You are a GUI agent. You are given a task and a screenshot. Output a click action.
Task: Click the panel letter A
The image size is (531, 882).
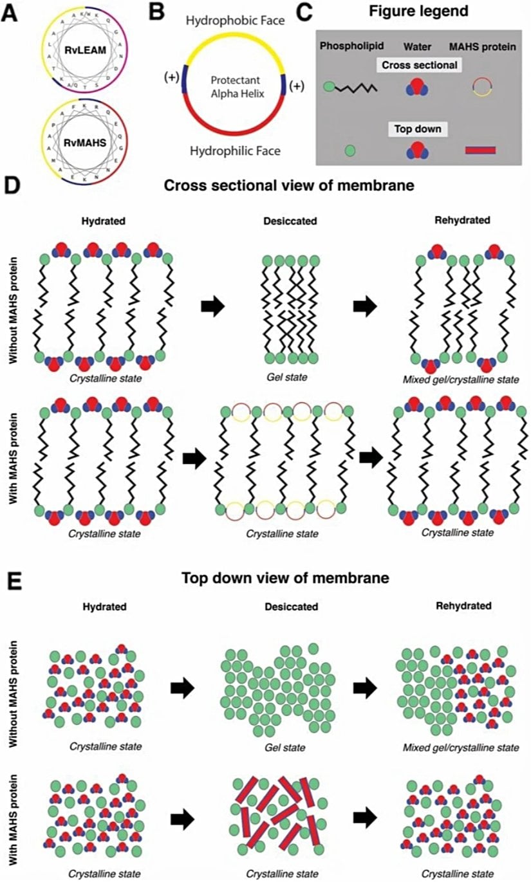tap(11, 14)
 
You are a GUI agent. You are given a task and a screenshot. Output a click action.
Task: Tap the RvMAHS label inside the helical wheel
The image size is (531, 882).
tap(89, 134)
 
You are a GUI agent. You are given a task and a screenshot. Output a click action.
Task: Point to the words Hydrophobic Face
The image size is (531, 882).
tap(236, 21)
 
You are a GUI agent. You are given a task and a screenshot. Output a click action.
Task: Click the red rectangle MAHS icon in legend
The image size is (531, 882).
tap(480, 150)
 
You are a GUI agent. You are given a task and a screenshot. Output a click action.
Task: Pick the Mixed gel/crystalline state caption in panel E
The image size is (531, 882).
tap(461, 748)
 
